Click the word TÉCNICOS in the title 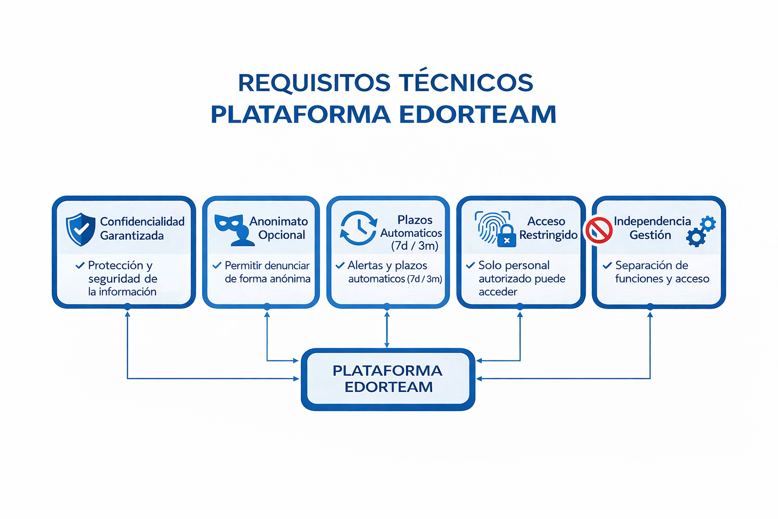point(465,83)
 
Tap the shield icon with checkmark point(81,229)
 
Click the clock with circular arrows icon point(359,228)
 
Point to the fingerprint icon point(489,226)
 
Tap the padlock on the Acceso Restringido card point(507,236)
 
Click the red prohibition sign point(599,230)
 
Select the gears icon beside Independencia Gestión point(701,231)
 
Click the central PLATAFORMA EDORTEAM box point(387,379)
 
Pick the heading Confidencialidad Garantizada point(142,229)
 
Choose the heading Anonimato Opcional point(280,228)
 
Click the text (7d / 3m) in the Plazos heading point(414,246)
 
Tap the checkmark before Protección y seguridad point(80,265)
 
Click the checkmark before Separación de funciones point(607,265)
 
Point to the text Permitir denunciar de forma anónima point(267,272)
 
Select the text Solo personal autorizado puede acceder point(521,278)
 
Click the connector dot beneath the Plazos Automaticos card point(387,307)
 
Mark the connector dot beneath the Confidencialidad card point(128,307)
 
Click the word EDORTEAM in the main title point(478,115)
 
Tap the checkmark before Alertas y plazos point(340,265)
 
